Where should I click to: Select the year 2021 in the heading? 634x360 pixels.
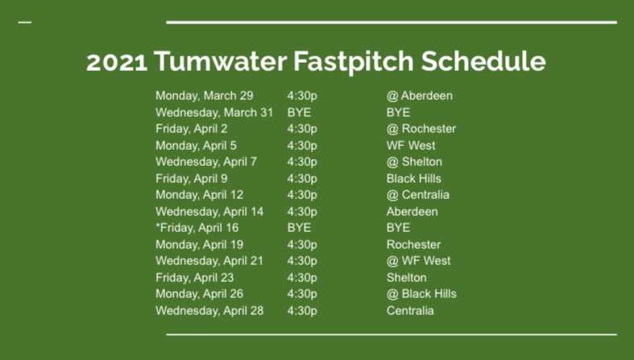116,62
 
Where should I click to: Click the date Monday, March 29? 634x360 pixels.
204,96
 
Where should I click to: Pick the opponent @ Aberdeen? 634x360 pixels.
419,96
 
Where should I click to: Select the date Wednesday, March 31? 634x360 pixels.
214,113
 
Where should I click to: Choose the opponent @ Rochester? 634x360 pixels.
421,129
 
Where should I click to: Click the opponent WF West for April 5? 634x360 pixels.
411,146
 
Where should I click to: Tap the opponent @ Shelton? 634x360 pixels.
414,162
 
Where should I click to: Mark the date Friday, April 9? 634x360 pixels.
192,179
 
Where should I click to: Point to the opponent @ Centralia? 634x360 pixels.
417,195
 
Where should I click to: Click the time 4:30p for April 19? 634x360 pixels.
302,245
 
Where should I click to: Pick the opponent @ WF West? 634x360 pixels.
418,261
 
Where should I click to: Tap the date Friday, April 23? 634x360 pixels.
195,278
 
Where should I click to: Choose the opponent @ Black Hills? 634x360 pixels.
421,294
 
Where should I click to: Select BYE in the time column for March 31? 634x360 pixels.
299,113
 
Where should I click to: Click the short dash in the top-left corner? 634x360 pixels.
24,22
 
